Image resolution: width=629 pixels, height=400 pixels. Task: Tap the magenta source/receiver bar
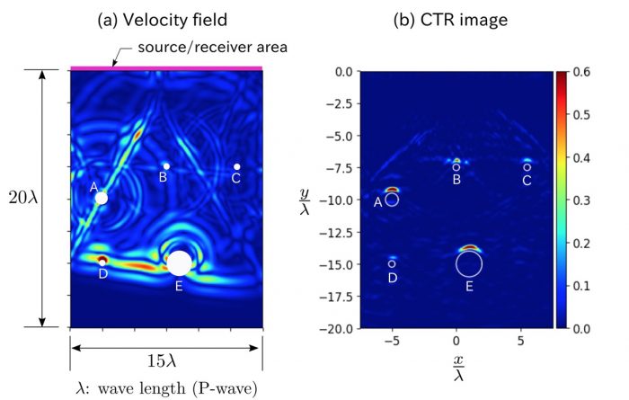click(x=166, y=67)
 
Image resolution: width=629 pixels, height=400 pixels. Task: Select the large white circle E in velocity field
click(x=179, y=262)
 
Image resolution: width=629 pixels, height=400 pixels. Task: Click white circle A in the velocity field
click(x=102, y=198)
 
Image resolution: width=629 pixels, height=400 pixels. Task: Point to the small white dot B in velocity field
click(x=165, y=166)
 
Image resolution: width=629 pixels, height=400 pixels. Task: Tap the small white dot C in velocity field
click(x=236, y=166)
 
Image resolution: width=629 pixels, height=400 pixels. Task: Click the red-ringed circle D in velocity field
click(x=102, y=261)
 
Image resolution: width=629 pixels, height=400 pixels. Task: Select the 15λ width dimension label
click(x=166, y=361)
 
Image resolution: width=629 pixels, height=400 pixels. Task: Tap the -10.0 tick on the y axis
click(x=337, y=200)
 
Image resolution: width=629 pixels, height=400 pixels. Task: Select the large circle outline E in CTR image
click(x=469, y=263)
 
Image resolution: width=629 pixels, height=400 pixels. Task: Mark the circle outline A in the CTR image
click(x=392, y=200)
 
